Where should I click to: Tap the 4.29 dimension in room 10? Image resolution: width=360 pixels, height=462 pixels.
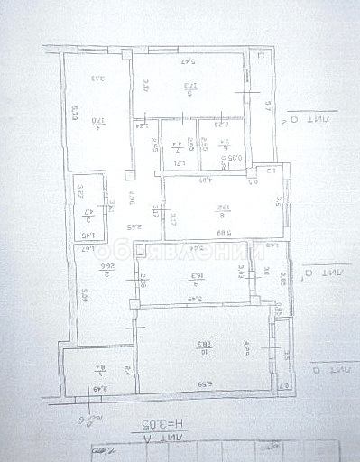click(245, 346)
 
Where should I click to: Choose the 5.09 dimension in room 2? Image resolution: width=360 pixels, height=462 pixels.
click(83, 294)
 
